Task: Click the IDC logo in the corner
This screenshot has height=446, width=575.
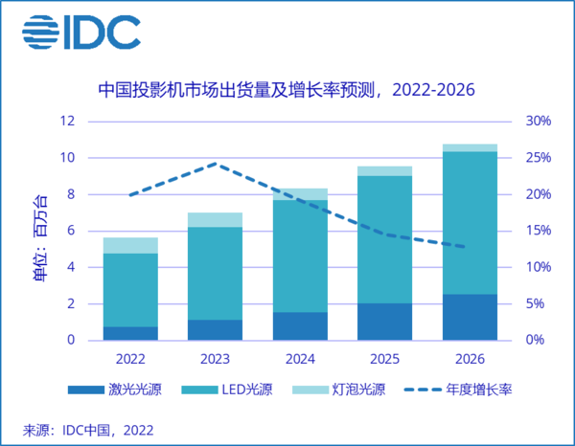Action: click(81, 32)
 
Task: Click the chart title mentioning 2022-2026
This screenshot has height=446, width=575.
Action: click(287, 91)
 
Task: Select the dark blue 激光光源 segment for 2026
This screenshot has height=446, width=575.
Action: click(470, 317)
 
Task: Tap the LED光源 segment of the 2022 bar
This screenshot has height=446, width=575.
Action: click(130, 290)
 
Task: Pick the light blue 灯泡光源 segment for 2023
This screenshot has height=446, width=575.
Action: click(215, 220)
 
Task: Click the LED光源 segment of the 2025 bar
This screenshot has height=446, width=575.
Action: click(384, 240)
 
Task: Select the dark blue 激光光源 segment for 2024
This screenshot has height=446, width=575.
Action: click(300, 326)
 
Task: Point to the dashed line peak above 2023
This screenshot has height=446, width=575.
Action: click(216, 164)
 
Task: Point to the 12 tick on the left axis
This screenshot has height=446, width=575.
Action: click(67, 122)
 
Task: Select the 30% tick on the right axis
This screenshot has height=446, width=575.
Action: click(538, 122)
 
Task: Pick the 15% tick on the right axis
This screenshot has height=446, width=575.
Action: click(538, 231)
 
